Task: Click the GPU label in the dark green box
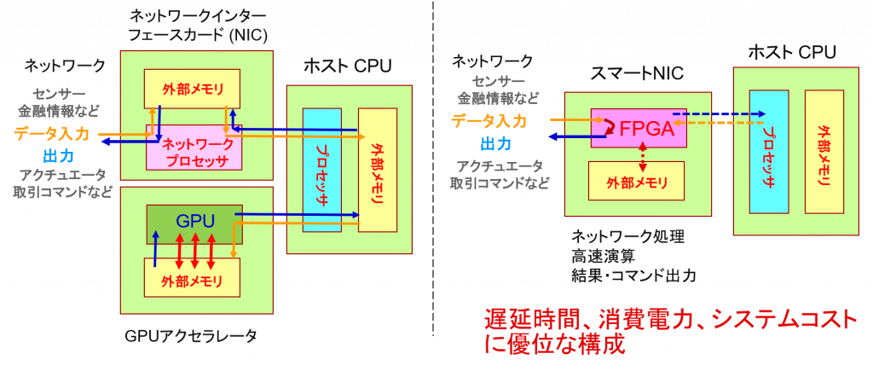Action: pyautogui.click(x=195, y=221)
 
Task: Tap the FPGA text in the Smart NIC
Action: pyautogui.click(x=646, y=130)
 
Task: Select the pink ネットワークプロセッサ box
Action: pyautogui.click(x=194, y=148)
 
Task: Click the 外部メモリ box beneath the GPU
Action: pyautogui.click(x=192, y=277)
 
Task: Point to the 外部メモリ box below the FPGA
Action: pyautogui.click(x=636, y=181)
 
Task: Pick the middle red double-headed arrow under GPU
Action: pyautogui.click(x=195, y=252)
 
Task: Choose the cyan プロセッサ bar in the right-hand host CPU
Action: pyautogui.click(x=768, y=152)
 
